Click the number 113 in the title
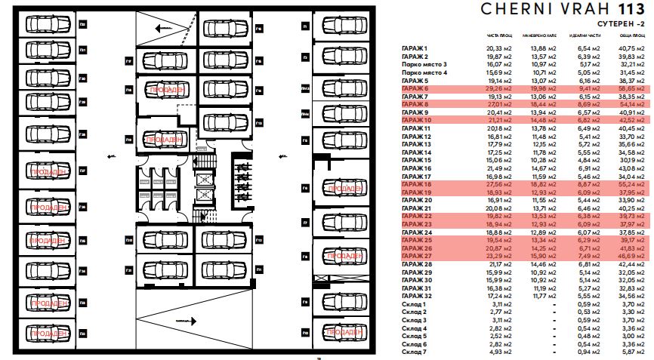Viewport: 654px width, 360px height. tap(631, 10)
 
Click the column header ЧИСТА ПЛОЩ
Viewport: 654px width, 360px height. tap(500, 37)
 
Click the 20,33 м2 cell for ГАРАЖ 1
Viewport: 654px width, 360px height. tap(500, 49)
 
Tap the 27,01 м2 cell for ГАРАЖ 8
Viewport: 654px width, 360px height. tap(500, 105)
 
